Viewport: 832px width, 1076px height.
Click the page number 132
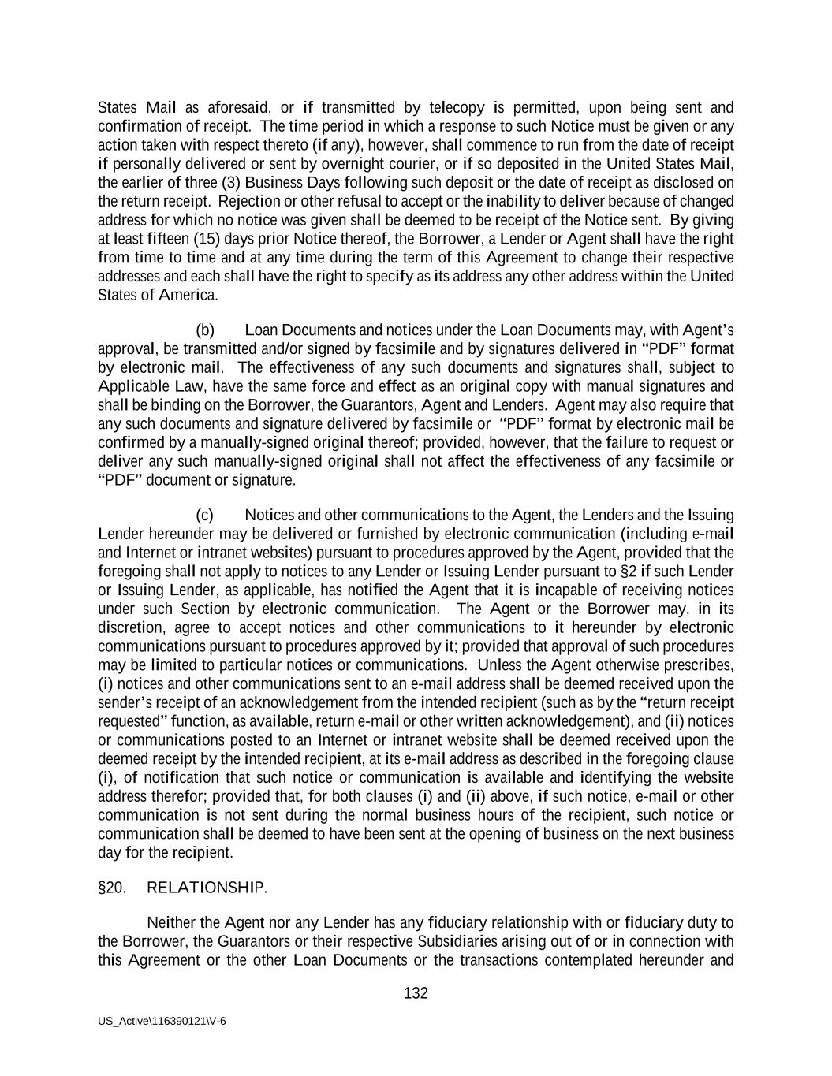(x=416, y=993)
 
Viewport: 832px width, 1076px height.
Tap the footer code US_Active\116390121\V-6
(x=162, y=1021)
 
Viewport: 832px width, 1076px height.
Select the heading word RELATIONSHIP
(x=207, y=888)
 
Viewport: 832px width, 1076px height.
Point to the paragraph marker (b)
(x=205, y=330)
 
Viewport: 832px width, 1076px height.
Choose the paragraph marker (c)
(x=205, y=515)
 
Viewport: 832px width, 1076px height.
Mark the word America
(x=188, y=295)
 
